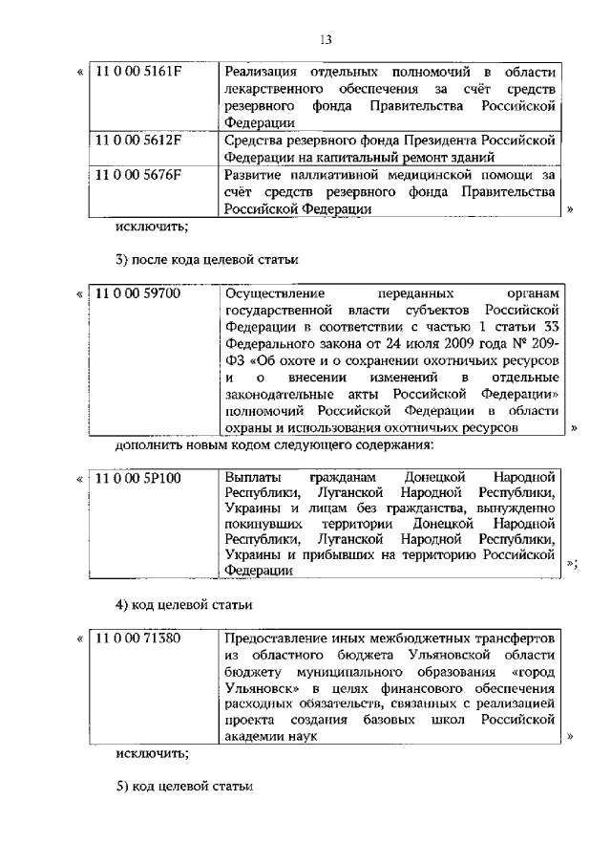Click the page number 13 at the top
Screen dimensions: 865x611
(326, 39)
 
